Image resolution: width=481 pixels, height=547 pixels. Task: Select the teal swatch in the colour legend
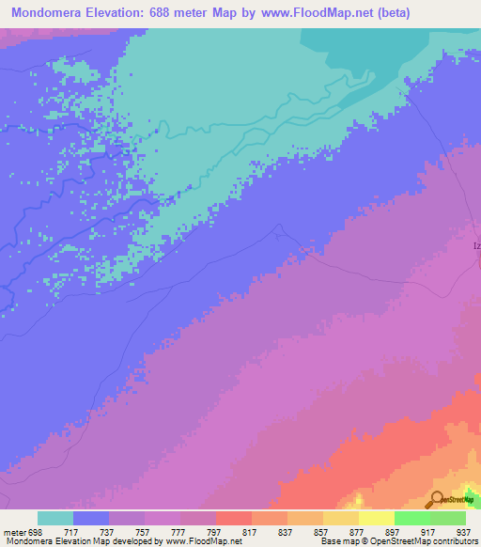click(x=55, y=518)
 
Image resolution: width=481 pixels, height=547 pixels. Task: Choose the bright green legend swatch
click(x=412, y=518)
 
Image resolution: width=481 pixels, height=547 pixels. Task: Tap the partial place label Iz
click(x=476, y=246)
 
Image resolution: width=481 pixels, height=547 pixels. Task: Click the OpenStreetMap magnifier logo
click(x=437, y=499)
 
